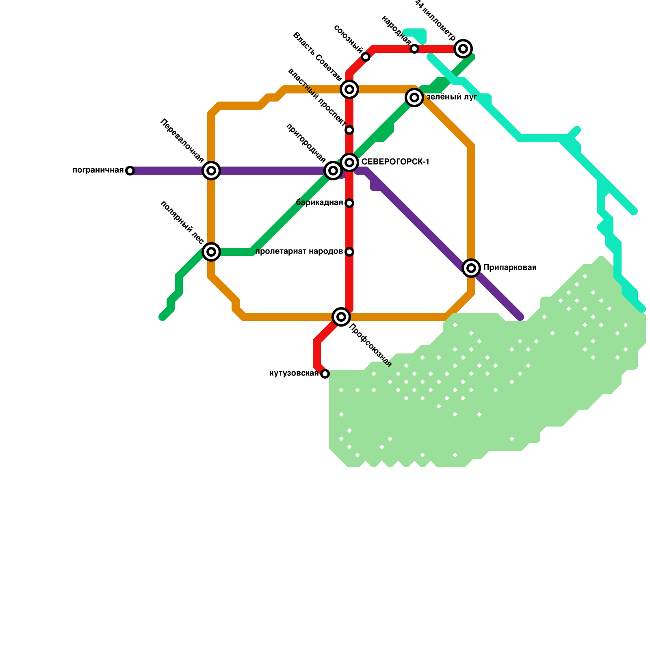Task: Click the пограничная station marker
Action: (130, 171)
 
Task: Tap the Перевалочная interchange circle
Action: (211, 171)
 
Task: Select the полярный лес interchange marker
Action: (211, 252)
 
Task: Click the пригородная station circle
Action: (333, 171)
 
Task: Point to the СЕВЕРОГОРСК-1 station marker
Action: (349, 162)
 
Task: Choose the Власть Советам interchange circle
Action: (349, 89)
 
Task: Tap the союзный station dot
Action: (366, 57)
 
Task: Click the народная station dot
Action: (414, 49)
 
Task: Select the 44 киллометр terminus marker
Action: (463, 49)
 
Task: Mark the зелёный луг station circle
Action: (414, 97)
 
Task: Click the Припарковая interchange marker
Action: (471, 268)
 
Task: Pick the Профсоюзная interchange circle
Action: (341, 317)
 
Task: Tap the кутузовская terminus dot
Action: (325, 374)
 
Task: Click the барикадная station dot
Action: (349, 203)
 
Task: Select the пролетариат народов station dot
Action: (349, 252)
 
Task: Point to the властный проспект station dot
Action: (349, 130)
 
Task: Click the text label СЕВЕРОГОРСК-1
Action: (395, 162)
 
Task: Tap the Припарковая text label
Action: (510, 268)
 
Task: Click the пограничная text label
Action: (98, 170)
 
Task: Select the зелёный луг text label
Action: (451, 97)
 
